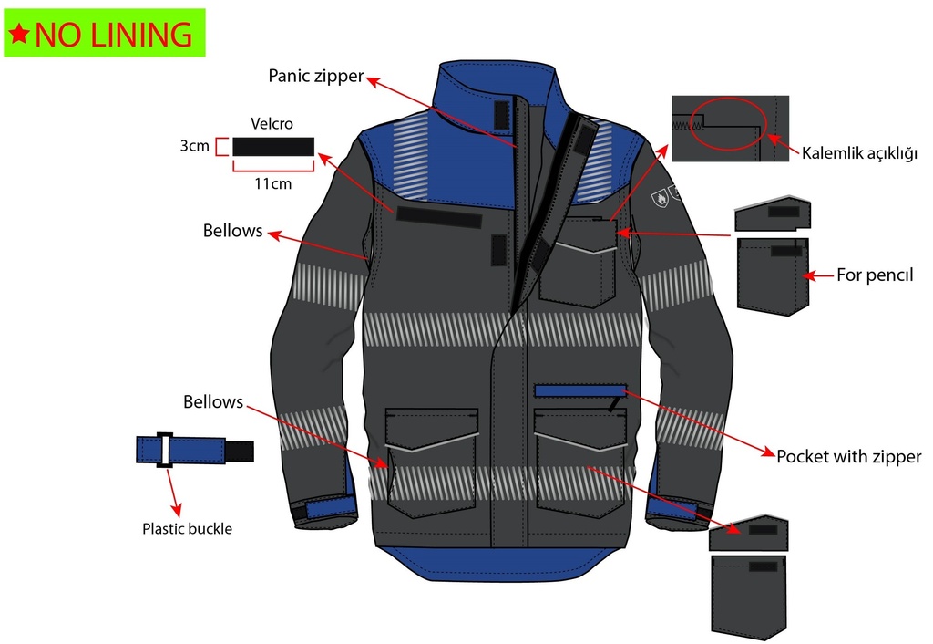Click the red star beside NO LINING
(19, 34)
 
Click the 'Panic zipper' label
(315, 77)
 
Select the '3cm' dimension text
(195, 146)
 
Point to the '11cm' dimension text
(273, 183)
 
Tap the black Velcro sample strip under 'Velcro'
(273, 147)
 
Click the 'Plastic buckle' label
(187, 528)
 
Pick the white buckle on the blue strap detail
(164, 450)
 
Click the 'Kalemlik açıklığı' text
(859, 153)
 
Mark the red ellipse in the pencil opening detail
(728, 123)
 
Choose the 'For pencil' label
(875, 275)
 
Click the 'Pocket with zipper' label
(848, 456)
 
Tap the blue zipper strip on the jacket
(580, 390)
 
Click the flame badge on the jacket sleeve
(661, 199)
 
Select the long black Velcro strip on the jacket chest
(438, 217)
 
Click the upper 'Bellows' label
(232, 231)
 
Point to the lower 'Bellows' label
(213, 402)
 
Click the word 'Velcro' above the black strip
(272, 124)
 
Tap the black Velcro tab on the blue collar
(502, 115)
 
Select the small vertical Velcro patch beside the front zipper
(498, 250)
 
